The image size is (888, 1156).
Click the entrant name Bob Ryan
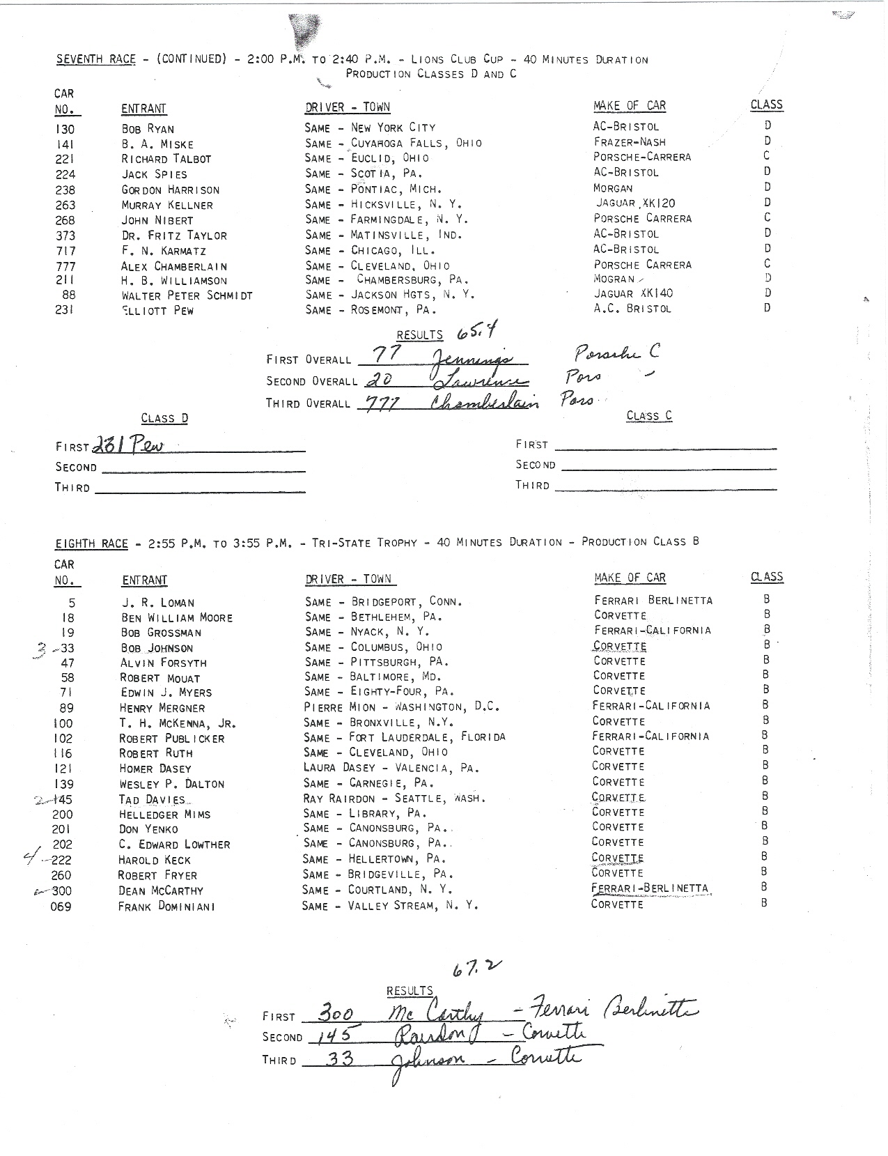[148, 129]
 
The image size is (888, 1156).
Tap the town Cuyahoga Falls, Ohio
[416, 143]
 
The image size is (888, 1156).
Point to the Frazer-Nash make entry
[629, 141]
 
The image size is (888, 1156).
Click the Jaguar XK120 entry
[634, 203]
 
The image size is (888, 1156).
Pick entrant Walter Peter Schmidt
[187, 295]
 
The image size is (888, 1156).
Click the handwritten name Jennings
[471, 358]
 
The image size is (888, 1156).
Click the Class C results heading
[649, 416]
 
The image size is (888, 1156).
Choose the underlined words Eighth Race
[91, 544]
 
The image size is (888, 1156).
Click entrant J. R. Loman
[158, 603]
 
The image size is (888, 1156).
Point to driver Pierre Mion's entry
[401, 707]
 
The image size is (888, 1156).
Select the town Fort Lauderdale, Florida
[427, 737]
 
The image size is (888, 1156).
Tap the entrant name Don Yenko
[148, 829]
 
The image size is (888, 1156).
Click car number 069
[61, 907]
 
